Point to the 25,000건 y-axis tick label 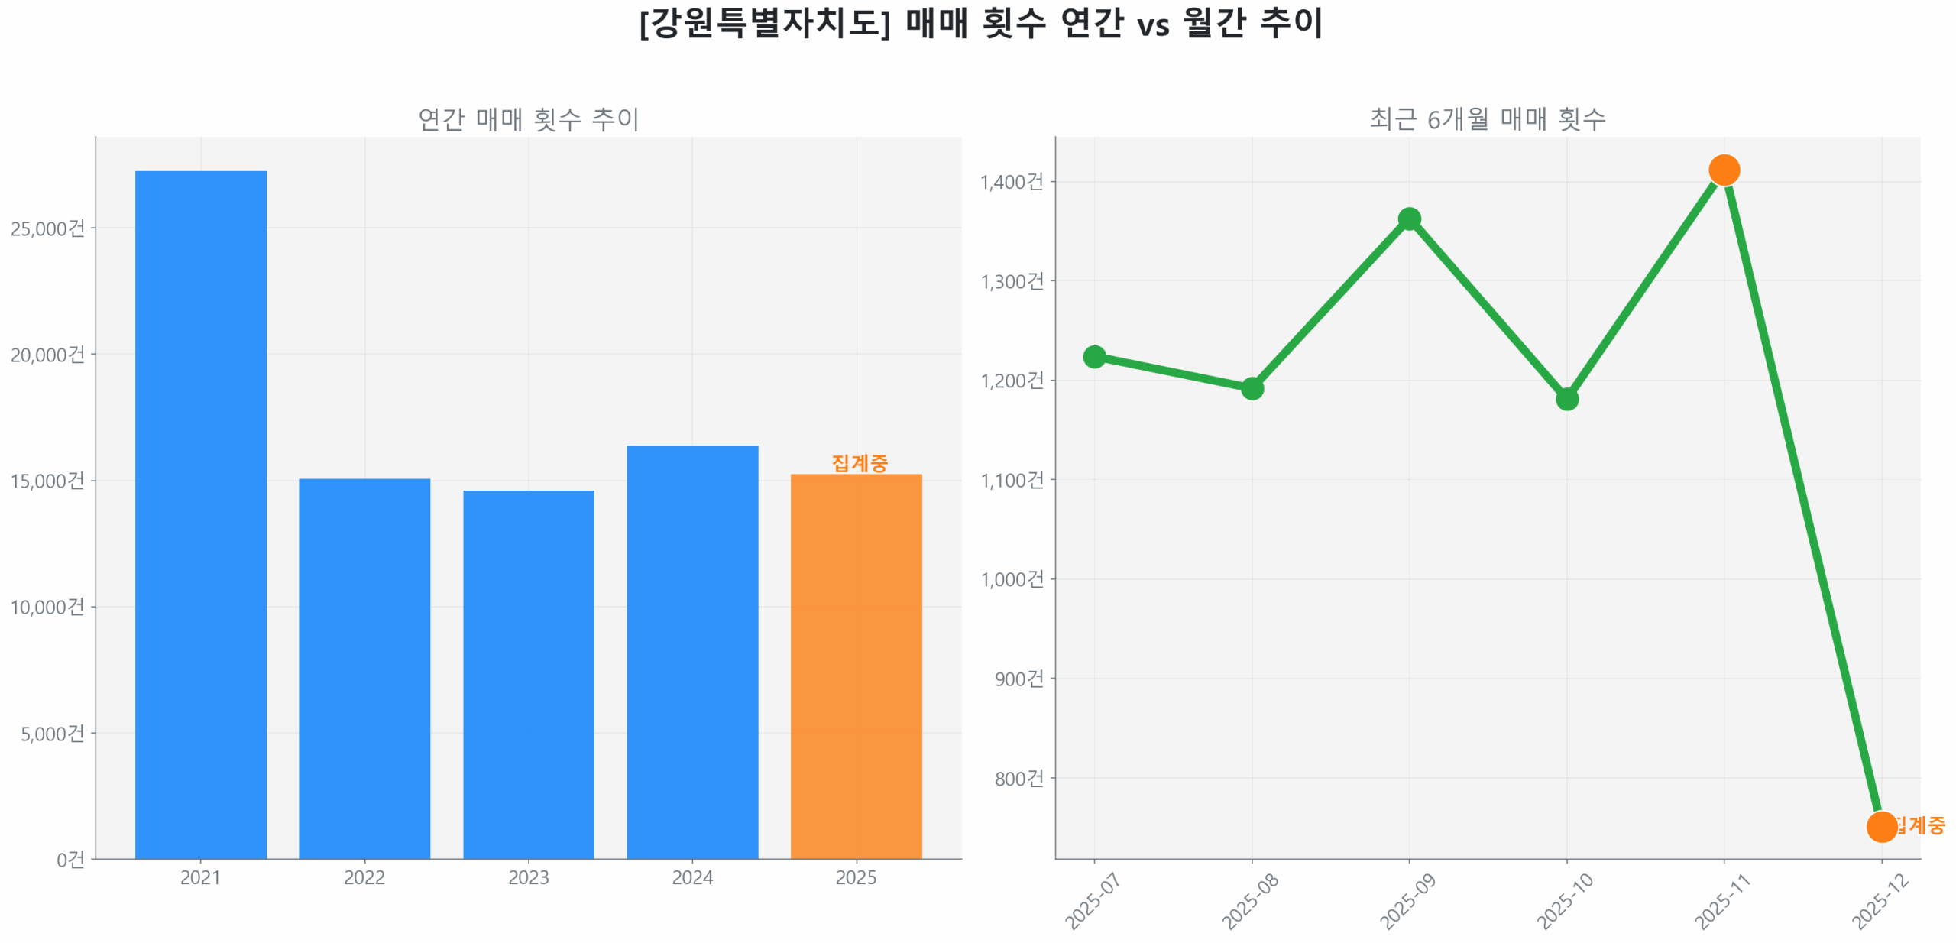[47, 228]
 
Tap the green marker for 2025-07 [1093, 356]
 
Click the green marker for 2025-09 [1408, 219]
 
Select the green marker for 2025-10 [1566, 398]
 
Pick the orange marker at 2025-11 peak [1723, 170]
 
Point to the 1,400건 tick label [1011, 181]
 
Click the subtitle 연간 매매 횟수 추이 [528, 118]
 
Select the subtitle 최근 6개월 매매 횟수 [1486, 118]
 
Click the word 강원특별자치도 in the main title [764, 23]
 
